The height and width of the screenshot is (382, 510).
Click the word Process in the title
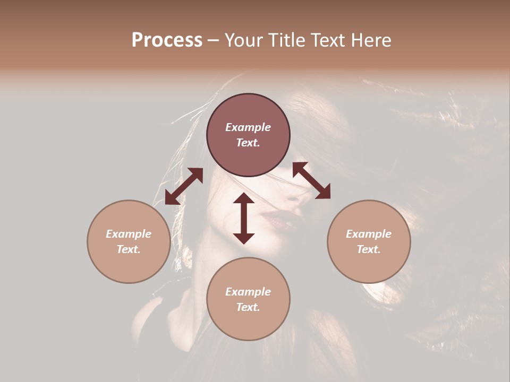tap(167, 40)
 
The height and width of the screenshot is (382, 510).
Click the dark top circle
tap(248, 135)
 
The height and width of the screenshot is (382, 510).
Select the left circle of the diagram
tap(129, 241)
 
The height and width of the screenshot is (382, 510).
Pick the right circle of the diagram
tap(369, 241)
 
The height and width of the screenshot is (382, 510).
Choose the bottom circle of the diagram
tap(248, 299)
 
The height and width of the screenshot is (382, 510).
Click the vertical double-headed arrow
tap(244, 218)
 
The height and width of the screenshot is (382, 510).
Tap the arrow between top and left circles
tap(184, 186)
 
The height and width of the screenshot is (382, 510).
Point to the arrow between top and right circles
tap(311, 180)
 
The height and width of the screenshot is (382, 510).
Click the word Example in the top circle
tap(248, 127)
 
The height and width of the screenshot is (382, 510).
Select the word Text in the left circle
tap(129, 249)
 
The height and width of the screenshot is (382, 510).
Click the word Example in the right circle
tap(369, 234)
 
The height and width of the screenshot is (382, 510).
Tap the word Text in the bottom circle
tap(248, 307)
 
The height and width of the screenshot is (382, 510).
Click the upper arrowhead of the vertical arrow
tap(244, 198)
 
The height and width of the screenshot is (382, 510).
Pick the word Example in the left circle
tap(129, 234)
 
